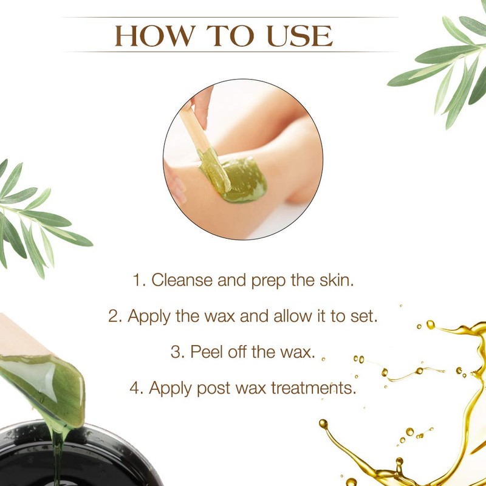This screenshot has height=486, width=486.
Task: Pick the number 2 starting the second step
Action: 113,317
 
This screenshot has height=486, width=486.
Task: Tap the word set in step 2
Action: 359,317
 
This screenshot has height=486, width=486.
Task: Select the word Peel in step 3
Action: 200,352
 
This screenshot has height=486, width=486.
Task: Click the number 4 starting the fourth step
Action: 136,388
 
